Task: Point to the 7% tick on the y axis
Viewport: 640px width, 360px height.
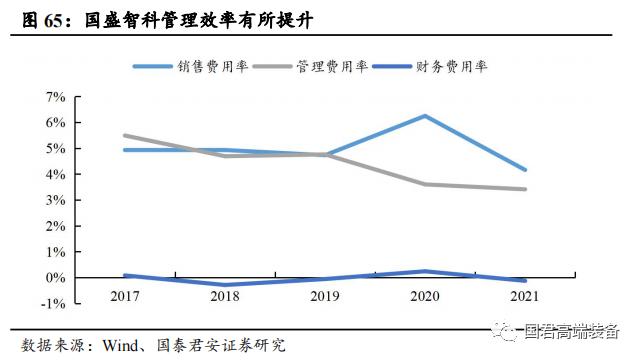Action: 55,97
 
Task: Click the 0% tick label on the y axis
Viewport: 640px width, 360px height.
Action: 55,277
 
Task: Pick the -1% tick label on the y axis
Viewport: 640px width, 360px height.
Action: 53,303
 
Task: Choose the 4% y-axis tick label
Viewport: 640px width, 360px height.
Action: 55,174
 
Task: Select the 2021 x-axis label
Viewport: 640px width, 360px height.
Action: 525,296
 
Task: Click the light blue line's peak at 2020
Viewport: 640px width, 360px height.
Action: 426,116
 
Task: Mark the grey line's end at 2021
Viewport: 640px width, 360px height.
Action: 525,189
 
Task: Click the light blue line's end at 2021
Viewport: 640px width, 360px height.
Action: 525,170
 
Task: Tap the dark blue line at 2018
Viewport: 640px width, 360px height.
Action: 226,285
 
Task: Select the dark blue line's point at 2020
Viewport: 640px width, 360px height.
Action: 426,271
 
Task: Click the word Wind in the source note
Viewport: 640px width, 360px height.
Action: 120,345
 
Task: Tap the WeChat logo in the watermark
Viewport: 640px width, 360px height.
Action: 510,331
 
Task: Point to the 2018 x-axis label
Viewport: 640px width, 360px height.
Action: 226,296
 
